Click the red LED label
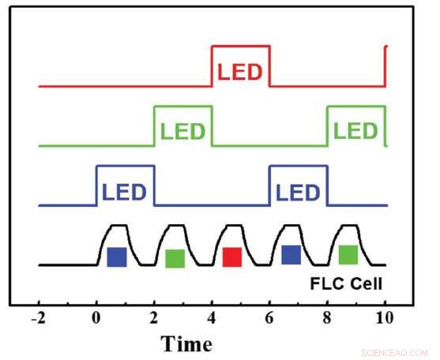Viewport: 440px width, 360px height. coord(240,72)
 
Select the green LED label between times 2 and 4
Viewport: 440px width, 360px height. coord(182,131)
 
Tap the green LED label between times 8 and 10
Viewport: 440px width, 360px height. coord(355,131)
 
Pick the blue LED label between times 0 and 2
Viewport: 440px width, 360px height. coord(125,192)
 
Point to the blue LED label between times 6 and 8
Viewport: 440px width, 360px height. coord(298,192)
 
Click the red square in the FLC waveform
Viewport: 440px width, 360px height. coord(232,257)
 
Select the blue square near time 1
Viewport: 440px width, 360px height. coord(117,257)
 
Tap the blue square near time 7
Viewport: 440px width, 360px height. coord(291,254)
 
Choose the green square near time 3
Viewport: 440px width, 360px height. coord(175,258)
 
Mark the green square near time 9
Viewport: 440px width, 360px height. coord(348,254)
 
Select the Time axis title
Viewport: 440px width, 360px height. coord(186,344)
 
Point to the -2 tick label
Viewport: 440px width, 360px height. coord(38,319)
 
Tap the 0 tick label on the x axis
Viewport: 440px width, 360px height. coord(96,319)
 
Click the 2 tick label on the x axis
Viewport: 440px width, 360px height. coord(154,319)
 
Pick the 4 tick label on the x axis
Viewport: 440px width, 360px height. coord(212,319)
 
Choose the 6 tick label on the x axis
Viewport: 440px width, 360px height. coord(269,319)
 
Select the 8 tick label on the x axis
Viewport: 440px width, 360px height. coord(327,319)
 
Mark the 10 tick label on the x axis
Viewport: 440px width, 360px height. coord(384,319)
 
